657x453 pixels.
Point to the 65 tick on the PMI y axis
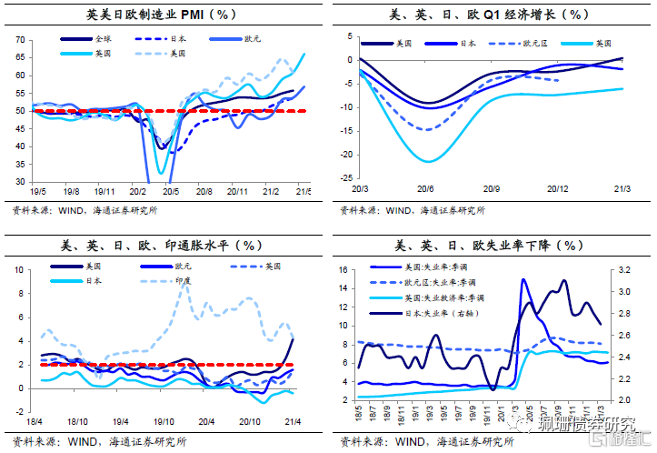pyautogui.click(x=19, y=57)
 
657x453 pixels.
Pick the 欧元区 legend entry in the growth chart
pyautogui.click(x=522, y=43)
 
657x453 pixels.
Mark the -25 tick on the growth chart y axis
pyautogui.click(x=342, y=178)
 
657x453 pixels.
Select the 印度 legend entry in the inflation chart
pyautogui.click(x=184, y=282)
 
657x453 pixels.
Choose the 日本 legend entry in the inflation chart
pyautogui.click(x=93, y=282)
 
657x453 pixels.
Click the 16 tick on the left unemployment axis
pyautogui.click(x=343, y=270)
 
